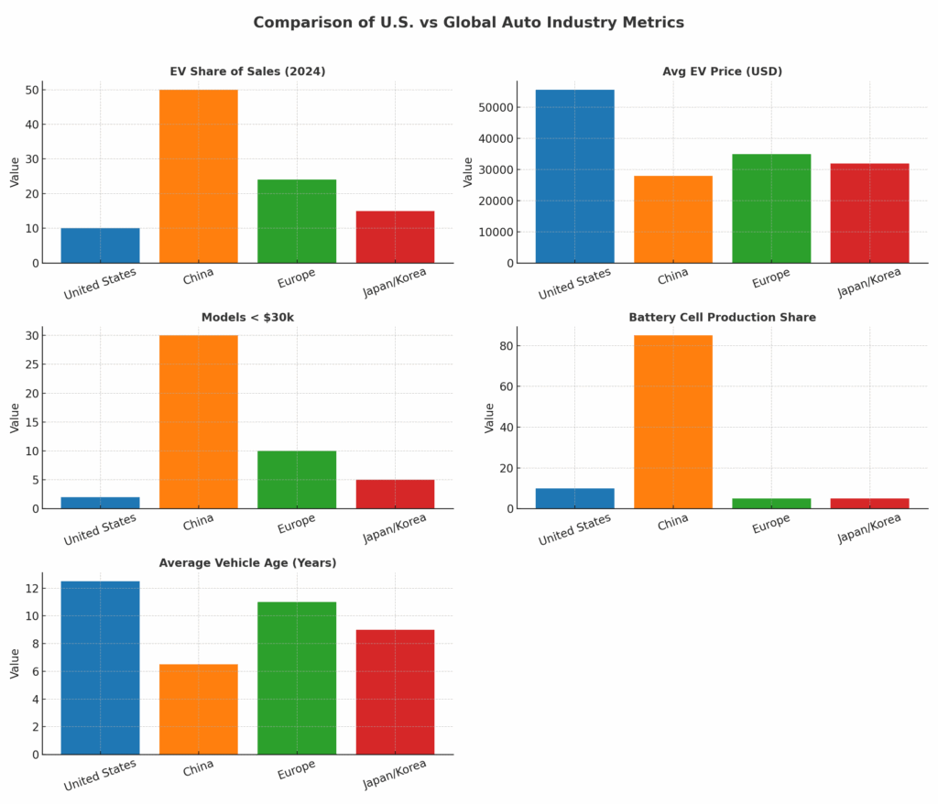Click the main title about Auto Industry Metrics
pyautogui.click(x=468, y=22)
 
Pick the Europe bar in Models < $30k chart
pyautogui.click(x=297, y=479)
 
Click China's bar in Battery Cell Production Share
pyautogui.click(x=672, y=421)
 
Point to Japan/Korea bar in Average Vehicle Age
pyautogui.click(x=395, y=691)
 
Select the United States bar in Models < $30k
pyautogui.click(x=100, y=503)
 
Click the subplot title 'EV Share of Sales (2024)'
pyautogui.click(x=247, y=71)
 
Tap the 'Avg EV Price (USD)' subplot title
pyautogui.click(x=722, y=71)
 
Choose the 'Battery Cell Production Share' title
pyautogui.click(x=722, y=318)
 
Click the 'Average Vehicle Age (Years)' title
pyautogui.click(x=247, y=563)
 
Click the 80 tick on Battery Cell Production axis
pyautogui.click(x=504, y=346)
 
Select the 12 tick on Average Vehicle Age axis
pyautogui.click(x=32, y=589)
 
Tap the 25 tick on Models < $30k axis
pyautogui.click(x=32, y=364)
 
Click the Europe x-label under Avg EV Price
pyautogui.click(x=770, y=279)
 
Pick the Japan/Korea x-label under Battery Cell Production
pyautogui.click(x=869, y=527)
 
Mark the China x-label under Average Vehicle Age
pyautogui.click(x=198, y=769)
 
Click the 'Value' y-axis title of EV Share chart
pyautogui.click(x=15, y=172)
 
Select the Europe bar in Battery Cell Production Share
pyautogui.click(x=770, y=503)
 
